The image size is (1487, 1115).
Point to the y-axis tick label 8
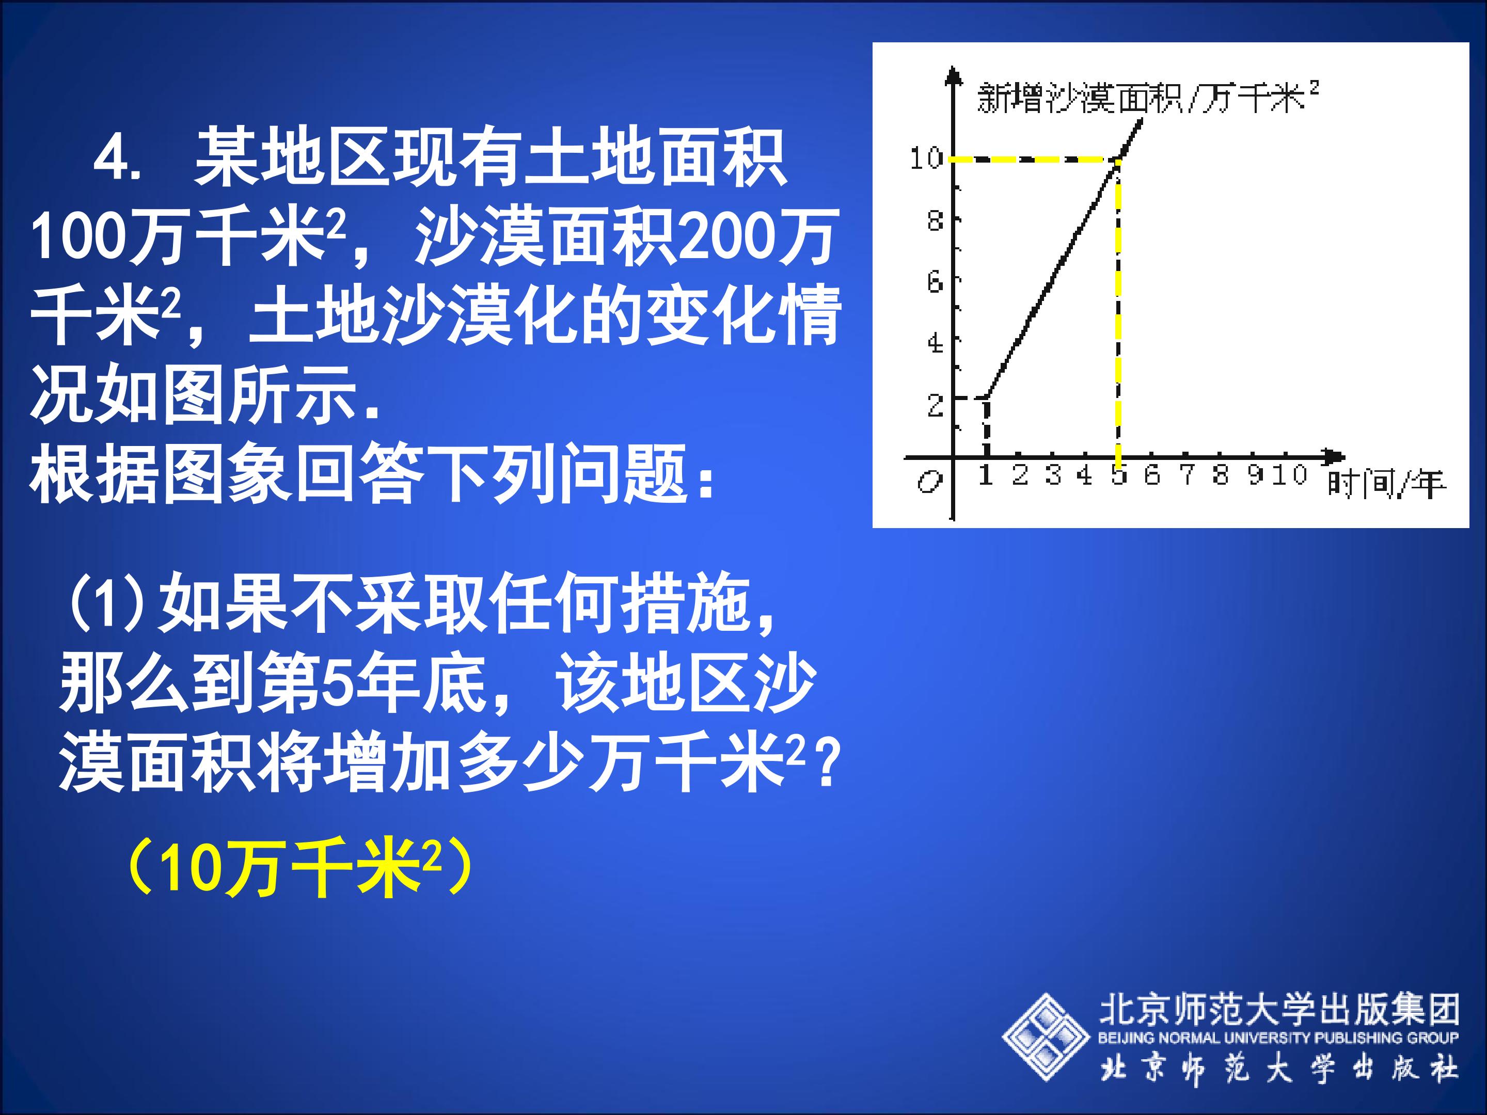(935, 220)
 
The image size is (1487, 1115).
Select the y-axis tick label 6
(935, 282)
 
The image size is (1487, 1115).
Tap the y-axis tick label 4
(935, 343)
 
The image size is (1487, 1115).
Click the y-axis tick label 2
(935, 405)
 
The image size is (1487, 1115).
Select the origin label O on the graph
(929, 481)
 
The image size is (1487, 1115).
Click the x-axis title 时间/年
(1385, 484)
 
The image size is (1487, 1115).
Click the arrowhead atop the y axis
(953, 75)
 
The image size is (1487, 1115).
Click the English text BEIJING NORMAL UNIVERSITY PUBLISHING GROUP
(1278, 1038)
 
